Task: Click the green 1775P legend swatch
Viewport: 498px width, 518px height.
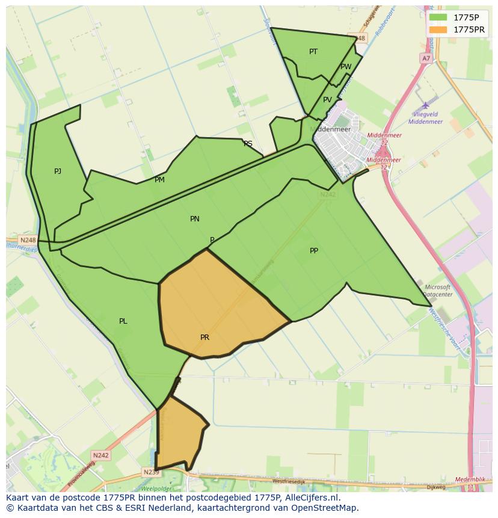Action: click(x=438, y=17)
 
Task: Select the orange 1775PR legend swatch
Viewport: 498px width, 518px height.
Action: click(x=438, y=29)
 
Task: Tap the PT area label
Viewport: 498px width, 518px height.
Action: click(x=313, y=52)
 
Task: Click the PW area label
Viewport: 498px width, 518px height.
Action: click(x=346, y=67)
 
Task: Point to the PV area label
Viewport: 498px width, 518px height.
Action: click(x=327, y=100)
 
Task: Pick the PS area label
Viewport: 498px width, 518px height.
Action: click(x=248, y=144)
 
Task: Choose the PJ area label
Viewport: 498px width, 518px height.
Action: click(x=58, y=171)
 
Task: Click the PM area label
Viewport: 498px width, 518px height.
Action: click(x=159, y=180)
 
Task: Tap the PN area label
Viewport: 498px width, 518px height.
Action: click(x=194, y=219)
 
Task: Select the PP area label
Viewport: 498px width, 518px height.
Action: click(x=314, y=251)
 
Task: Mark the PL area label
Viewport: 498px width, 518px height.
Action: click(x=123, y=321)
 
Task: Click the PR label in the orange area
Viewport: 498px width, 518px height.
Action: click(x=204, y=338)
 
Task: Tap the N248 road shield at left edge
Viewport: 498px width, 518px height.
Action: click(x=28, y=240)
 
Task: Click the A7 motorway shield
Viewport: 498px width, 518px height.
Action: click(x=426, y=58)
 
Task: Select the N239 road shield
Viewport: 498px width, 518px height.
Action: click(x=151, y=472)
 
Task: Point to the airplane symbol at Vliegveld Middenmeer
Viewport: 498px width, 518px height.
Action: click(x=426, y=105)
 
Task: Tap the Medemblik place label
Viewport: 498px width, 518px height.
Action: click(x=470, y=479)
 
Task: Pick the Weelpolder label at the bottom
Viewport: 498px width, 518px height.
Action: click(x=156, y=489)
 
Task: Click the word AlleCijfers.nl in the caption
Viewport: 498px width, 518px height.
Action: click(x=312, y=498)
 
